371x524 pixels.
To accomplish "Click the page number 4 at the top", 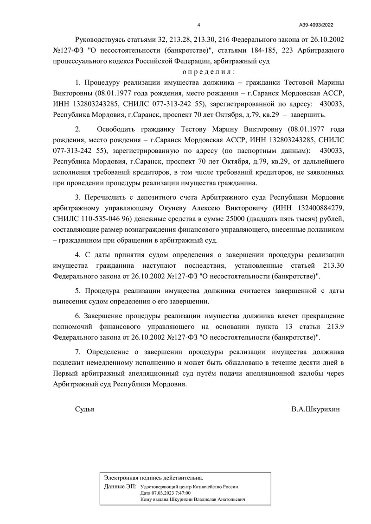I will click(198, 25).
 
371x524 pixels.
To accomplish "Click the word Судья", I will click(84, 410).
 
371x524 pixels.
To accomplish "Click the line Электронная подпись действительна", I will click(154, 477).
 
